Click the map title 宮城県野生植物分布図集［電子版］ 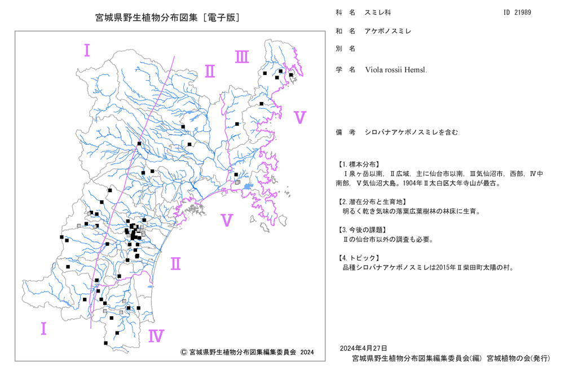(x=168, y=17)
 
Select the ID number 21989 (x=523, y=12)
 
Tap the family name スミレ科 (x=378, y=12)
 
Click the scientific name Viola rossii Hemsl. (x=396, y=70)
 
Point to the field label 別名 (x=346, y=48)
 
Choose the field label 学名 (x=346, y=70)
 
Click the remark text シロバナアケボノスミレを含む (x=412, y=132)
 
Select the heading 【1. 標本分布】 (x=358, y=164)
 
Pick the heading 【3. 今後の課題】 (x=363, y=229)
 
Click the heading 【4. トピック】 (x=358, y=258)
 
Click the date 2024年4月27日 (x=363, y=348)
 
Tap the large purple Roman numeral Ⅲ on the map (x=242, y=57)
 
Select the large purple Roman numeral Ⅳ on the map (x=156, y=336)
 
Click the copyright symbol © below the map (x=183, y=352)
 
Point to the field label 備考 (x=346, y=132)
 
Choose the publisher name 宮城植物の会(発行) (x=518, y=358)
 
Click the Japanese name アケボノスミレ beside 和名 (x=388, y=31)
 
